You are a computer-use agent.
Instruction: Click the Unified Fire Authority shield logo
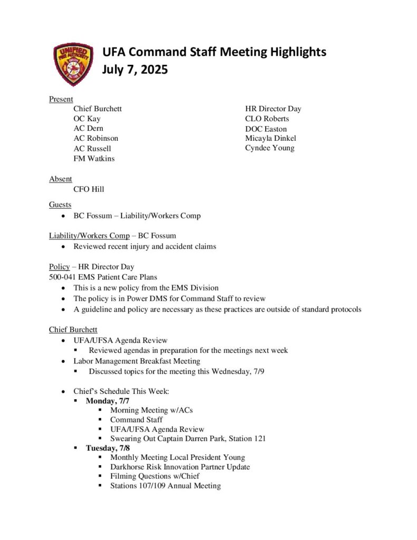point(73,64)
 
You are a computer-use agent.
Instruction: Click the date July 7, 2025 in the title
point(134,69)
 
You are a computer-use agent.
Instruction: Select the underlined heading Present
point(61,99)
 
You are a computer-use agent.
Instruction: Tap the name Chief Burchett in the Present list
point(98,109)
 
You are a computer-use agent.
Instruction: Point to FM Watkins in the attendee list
point(94,158)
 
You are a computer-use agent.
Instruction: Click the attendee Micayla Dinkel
point(270,138)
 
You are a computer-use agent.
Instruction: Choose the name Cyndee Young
point(269,148)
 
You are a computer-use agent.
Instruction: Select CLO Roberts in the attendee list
point(267,119)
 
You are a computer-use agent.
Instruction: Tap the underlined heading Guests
point(60,205)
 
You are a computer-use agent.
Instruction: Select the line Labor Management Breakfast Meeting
point(137,361)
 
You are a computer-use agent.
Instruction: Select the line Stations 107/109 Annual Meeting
point(165,486)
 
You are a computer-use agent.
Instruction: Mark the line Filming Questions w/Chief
point(154,476)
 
